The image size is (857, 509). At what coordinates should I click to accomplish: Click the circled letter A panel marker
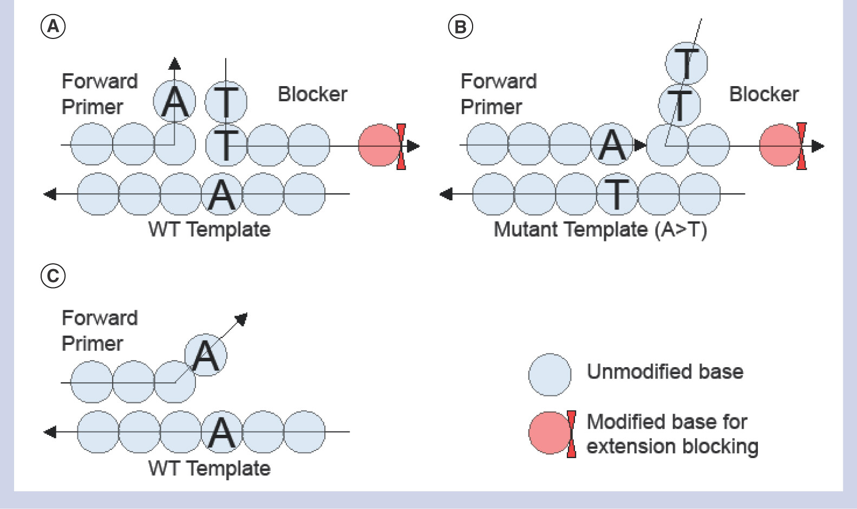point(53,26)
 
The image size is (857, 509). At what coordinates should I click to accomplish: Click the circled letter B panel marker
point(461,26)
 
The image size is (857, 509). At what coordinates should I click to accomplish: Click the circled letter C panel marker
point(53,276)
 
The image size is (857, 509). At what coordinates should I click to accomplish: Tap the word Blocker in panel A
point(312,94)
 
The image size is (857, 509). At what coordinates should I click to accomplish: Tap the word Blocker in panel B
point(764,94)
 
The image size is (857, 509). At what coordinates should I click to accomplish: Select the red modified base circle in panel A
point(379,145)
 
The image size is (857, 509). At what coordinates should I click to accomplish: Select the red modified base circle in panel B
point(780,145)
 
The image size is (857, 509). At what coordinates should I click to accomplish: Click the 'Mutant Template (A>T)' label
point(600,230)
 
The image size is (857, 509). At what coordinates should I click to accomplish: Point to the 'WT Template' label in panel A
point(210,230)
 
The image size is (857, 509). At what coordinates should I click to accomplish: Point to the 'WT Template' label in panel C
point(210,468)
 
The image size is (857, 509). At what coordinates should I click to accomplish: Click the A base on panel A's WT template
point(222,194)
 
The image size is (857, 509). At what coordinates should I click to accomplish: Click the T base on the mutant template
point(617,194)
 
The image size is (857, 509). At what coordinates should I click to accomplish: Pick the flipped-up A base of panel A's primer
point(174,102)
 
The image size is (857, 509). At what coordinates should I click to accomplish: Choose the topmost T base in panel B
point(686,62)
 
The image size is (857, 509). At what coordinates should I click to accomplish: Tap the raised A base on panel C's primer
point(206,355)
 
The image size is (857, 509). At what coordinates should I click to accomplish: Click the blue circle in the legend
point(549,375)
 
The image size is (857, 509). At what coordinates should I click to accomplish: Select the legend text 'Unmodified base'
point(665,372)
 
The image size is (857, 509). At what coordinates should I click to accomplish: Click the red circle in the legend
point(549,433)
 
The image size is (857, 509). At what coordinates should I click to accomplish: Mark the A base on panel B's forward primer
point(612,145)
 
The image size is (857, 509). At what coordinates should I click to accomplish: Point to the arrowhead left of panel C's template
point(50,432)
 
